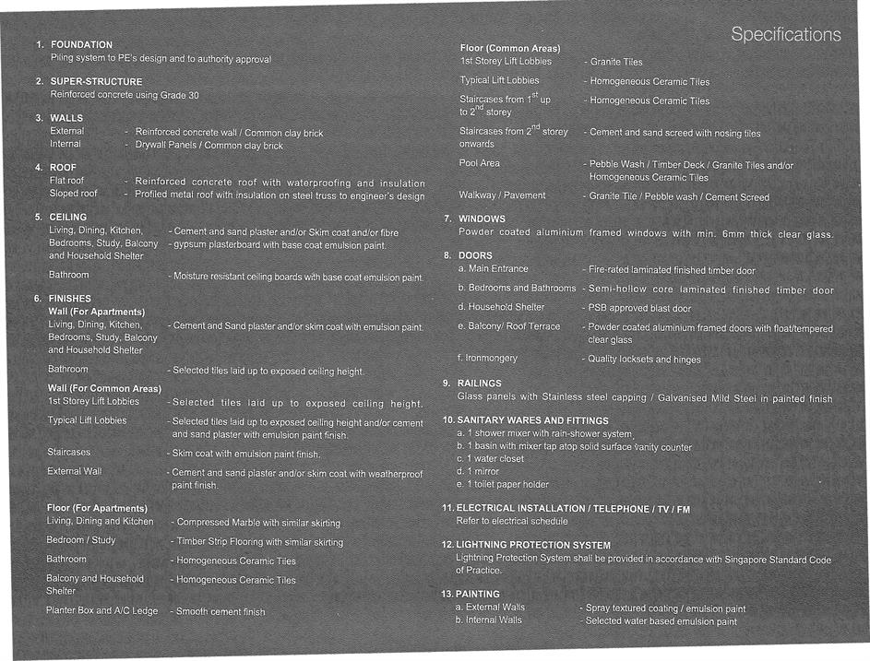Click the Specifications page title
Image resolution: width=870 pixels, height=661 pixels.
coord(785,35)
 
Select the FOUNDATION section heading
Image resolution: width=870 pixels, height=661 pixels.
coord(81,45)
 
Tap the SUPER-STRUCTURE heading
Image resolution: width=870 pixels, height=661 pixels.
coord(96,82)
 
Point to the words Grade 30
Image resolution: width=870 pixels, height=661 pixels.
coord(181,95)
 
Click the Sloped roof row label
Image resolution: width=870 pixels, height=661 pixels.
coord(73,195)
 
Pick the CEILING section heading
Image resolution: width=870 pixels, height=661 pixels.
coord(67,218)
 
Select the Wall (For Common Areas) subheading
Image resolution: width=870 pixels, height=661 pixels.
coord(104,389)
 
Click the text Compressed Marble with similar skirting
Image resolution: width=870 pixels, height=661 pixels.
coord(258,523)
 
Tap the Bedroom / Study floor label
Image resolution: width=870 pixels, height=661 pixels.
coord(81,540)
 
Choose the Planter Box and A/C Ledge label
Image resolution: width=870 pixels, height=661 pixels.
coord(102,610)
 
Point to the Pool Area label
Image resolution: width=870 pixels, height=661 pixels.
coord(480,163)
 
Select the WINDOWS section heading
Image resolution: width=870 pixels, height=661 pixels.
coord(482,219)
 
